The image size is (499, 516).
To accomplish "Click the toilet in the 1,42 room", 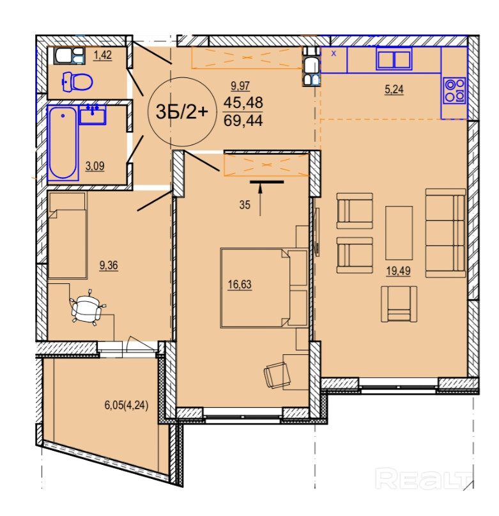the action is [78, 81].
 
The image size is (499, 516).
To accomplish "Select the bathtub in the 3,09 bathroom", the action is [63, 143].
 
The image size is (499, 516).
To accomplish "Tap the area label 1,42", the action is [103, 55].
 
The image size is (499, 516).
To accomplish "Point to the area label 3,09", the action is [95, 166].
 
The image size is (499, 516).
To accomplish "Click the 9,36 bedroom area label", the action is [109, 265].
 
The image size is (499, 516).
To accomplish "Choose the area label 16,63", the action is [240, 285].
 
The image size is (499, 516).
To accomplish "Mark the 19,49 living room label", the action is [398, 271].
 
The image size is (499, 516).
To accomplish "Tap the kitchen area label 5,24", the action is [394, 89].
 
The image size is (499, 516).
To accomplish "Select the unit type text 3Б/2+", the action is [182, 111].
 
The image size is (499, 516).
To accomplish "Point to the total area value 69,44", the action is [243, 120].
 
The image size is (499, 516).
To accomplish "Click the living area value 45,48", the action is [243, 103].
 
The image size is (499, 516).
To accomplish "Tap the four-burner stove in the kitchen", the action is [454, 91].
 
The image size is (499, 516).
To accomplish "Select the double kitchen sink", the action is [394, 59].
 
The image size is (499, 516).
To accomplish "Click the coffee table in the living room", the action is [399, 233].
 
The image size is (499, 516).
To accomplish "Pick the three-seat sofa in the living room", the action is [446, 233].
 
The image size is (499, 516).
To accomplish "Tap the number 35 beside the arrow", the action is [245, 205].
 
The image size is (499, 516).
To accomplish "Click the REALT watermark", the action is [424, 479].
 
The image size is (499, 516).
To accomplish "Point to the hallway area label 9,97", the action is [240, 86].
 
